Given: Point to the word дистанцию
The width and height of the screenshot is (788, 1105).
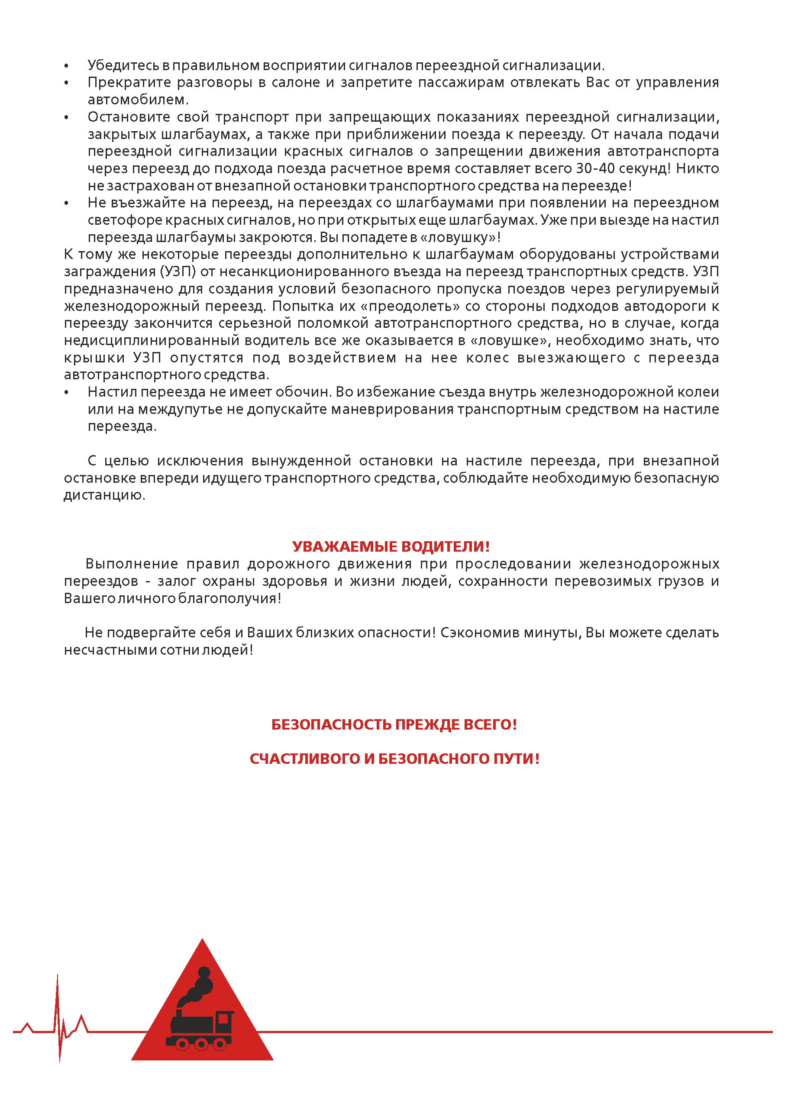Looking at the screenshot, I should [104, 495].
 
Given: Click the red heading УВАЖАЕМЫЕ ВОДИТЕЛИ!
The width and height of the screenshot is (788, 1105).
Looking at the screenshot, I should [391, 546].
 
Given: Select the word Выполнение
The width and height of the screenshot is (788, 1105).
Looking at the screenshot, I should [132, 564].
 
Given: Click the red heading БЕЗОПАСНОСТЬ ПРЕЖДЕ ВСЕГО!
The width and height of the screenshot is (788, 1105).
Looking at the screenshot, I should [394, 724].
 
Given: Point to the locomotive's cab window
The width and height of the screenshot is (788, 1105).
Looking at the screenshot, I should [224, 1017].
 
